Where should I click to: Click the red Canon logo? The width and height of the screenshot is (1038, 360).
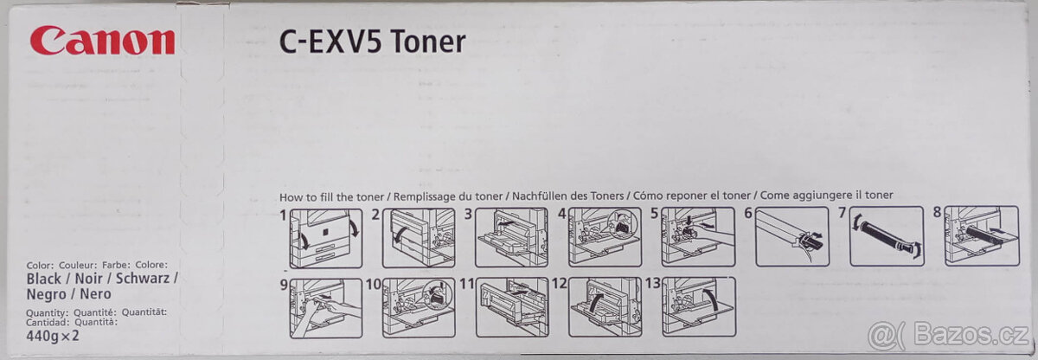click(x=102, y=41)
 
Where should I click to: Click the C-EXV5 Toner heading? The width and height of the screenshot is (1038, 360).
click(x=372, y=42)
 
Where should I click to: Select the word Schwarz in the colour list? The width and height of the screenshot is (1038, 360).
click(x=144, y=280)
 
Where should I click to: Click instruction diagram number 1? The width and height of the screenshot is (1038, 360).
click(x=324, y=237)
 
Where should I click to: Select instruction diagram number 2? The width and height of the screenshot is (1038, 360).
click(x=419, y=237)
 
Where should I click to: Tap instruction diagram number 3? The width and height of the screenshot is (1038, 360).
click(x=511, y=237)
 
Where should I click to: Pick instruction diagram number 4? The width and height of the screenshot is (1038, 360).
click(x=605, y=237)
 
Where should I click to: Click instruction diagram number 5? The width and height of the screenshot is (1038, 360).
click(x=698, y=237)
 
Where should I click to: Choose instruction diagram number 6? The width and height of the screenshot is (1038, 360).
click(x=791, y=237)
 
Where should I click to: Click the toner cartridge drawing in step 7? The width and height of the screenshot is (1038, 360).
click(x=886, y=237)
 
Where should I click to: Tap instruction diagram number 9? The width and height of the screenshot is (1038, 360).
click(x=324, y=306)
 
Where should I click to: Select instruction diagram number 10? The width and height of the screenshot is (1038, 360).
click(x=419, y=306)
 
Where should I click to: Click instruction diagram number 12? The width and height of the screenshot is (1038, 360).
click(x=605, y=306)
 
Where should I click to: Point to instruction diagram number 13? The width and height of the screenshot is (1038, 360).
click(x=698, y=306)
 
